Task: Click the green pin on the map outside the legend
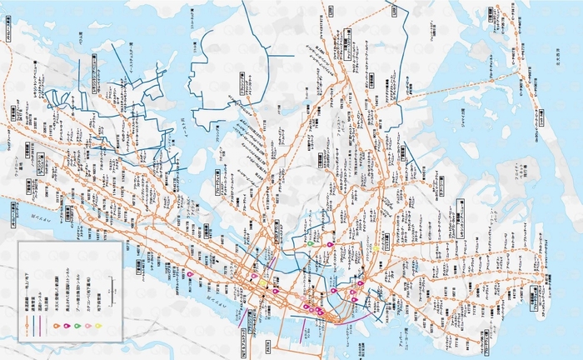pos(310,242)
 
